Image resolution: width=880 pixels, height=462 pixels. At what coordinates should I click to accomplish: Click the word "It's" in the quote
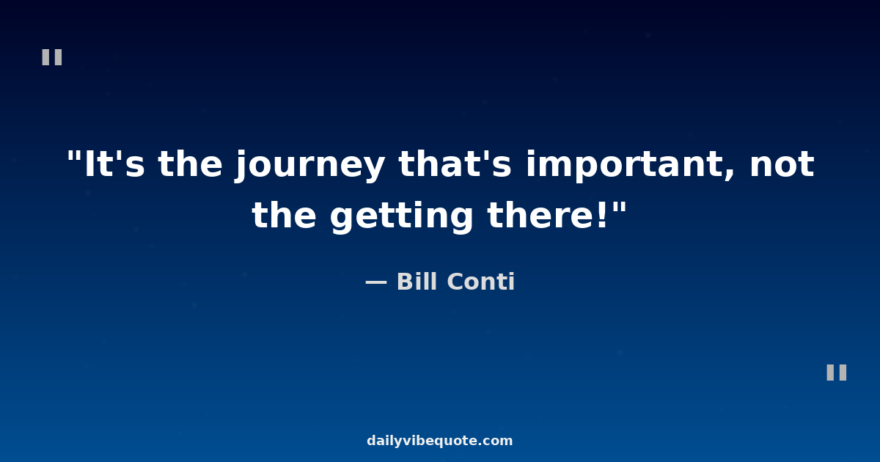(114, 164)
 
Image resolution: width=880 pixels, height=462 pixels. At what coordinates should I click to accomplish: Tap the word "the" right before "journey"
(190, 164)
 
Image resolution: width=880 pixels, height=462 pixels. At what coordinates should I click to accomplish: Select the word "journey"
(310, 166)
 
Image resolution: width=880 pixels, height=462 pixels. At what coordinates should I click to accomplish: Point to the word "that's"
(455, 164)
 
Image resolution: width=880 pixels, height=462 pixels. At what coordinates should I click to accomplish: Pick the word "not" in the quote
(782, 164)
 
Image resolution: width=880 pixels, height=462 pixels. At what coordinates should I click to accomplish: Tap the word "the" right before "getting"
(284, 215)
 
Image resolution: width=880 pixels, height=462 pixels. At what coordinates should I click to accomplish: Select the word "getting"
(402, 218)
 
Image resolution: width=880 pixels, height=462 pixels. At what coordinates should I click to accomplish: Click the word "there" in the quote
(542, 215)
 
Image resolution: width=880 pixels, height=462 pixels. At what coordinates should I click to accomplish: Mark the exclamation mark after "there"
(603, 215)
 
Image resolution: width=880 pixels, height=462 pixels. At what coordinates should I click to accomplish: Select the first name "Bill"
(417, 282)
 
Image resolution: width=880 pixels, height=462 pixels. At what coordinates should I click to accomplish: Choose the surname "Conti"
(481, 282)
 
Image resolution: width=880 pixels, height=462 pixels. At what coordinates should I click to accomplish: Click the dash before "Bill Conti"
(376, 282)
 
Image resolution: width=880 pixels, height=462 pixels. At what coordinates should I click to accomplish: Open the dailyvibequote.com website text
(439, 441)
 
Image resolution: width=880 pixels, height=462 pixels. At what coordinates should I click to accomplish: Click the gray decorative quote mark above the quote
(52, 57)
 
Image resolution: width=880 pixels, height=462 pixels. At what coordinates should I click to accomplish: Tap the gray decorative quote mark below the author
(837, 373)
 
